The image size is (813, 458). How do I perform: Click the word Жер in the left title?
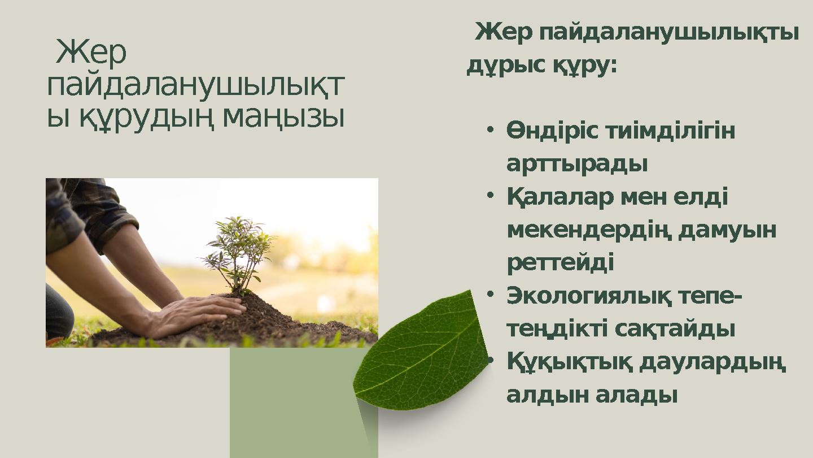(x=91, y=53)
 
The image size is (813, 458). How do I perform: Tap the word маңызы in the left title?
(x=283, y=117)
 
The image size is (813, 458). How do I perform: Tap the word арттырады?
(x=576, y=164)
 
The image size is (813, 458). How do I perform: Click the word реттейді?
(x=560, y=262)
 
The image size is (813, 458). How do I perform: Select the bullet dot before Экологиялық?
(x=491, y=295)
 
